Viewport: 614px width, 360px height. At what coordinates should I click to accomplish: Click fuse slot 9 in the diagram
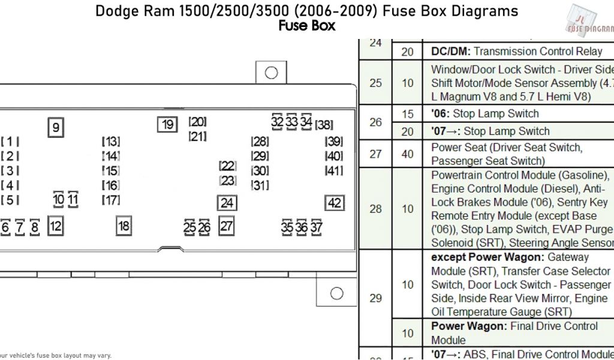pyautogui.click(x=56, y=127)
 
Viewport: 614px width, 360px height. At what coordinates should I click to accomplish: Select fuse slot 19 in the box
pyautogui.click(x=167, y=124)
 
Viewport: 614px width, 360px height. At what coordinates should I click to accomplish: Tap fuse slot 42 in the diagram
pyautogui.click(x=335, y=203)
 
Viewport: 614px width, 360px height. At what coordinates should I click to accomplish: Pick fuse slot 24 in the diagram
pyautogui.click(x=227, y=203)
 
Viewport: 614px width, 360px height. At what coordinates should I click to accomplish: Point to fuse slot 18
pyautogui.click(x=124, y=226)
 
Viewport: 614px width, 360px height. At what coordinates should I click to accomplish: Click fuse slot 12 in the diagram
pyautogui.click(x=55, y=226)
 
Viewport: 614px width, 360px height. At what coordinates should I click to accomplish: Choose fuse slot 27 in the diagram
pyautogui.click(x=226, y=226)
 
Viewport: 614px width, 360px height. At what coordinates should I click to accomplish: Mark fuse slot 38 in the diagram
pyautogui.click(x=324, y=125)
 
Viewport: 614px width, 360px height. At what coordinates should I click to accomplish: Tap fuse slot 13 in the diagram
pyautogui.click(x=110, y=142)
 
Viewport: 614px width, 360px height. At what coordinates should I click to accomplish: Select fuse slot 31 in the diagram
pyautogui.click(x=260, y=185)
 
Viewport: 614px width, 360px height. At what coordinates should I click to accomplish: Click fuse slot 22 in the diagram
pyautogui.click(x=227, y=166)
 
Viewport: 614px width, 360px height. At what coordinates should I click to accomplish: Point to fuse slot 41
pyautogui.click(x=333, y=170)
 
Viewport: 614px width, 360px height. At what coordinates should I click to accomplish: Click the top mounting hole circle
pyautogui.click(x=271, y=73)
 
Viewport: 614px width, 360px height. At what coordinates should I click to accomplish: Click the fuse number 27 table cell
pyautogui.click(x=375, y=154)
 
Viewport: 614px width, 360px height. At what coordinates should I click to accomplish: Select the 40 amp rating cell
pyautogui.click(x=408, y=154)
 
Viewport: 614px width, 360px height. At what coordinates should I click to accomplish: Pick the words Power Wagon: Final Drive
pyautogui.click(x=514, y=326)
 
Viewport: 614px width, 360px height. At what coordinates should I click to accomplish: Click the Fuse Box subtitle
pyautogui.click(x=306, y=26)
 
